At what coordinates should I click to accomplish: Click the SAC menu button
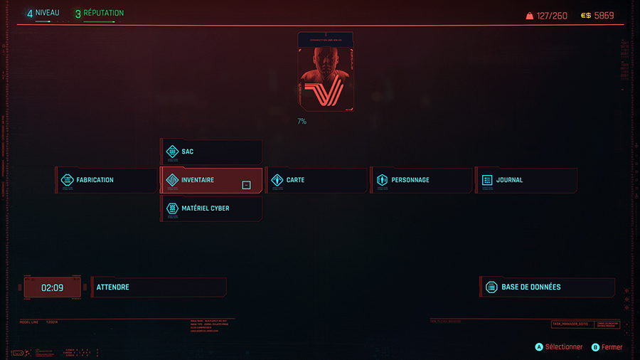point(212,152)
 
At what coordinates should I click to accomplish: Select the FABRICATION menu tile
point(107,180)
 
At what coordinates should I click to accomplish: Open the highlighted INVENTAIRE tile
point(212,180)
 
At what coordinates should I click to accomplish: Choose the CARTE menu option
point(316,180)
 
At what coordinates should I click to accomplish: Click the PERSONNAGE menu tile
point(421,180)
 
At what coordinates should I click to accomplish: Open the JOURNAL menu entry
point(526,180)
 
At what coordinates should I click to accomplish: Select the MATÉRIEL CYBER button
point(212,208)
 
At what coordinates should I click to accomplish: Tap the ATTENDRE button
point(159,287)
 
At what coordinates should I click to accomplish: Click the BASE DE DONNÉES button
point(547,287)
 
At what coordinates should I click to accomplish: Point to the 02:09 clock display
point(52,288)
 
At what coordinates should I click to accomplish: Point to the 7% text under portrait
point(302,122)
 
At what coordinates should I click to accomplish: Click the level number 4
point(30,14)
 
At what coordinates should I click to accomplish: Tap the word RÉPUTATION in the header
point(104,14)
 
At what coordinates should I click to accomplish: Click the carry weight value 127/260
point(552,16)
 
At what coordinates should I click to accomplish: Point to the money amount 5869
point(604,16)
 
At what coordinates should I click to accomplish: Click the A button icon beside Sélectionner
point(539,347)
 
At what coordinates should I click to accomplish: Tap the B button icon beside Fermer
point(595,347)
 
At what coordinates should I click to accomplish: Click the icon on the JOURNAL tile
point(487,180)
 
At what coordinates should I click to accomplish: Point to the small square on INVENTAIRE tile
point(246,185)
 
